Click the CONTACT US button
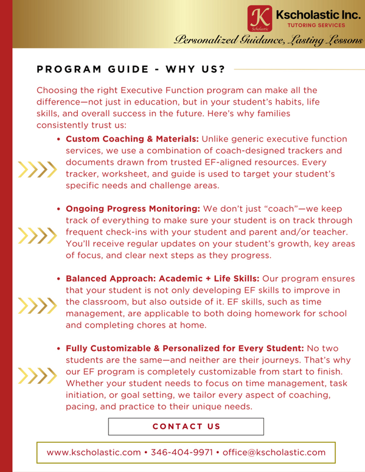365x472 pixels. pyautogui.click(x=186, y=426)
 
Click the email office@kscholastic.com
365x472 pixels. pyautogui.click(x=273, y=453)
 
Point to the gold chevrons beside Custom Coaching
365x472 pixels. pyautogui.click(x=33, y=169)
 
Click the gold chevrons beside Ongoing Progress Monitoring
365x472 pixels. pyautogui.click(x=33, y=235)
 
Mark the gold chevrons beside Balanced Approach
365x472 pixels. pyautogui.click(x=33, y=305)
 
